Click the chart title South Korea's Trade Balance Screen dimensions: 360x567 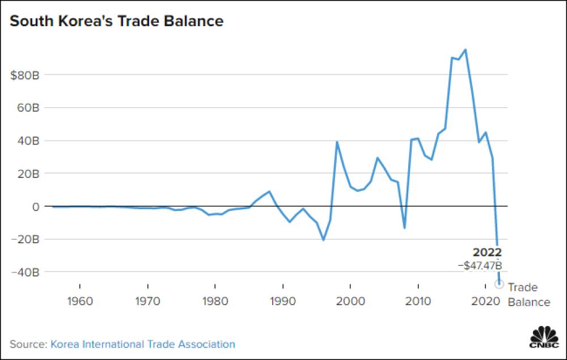(116, 22)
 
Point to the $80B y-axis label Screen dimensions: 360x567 (24, 75)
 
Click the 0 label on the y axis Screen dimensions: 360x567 (35, 206)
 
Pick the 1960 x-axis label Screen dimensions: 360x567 (80, 300)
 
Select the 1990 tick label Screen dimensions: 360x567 (283, 300)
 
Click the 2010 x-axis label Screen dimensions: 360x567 (418, 300)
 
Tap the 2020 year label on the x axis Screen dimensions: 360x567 (486, 300)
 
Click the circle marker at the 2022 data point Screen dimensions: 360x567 (499, 284)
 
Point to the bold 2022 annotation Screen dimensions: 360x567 (487, 253)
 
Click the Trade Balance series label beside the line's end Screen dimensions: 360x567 (527, 294)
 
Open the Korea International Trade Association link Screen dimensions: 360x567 (143, 344)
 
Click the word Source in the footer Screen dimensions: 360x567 (28, 344)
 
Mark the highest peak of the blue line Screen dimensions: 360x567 (466, 49)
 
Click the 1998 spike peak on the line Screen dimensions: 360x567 (337, 142)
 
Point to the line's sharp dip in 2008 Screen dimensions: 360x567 (404, 228)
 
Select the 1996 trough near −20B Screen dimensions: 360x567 (323, 240)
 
